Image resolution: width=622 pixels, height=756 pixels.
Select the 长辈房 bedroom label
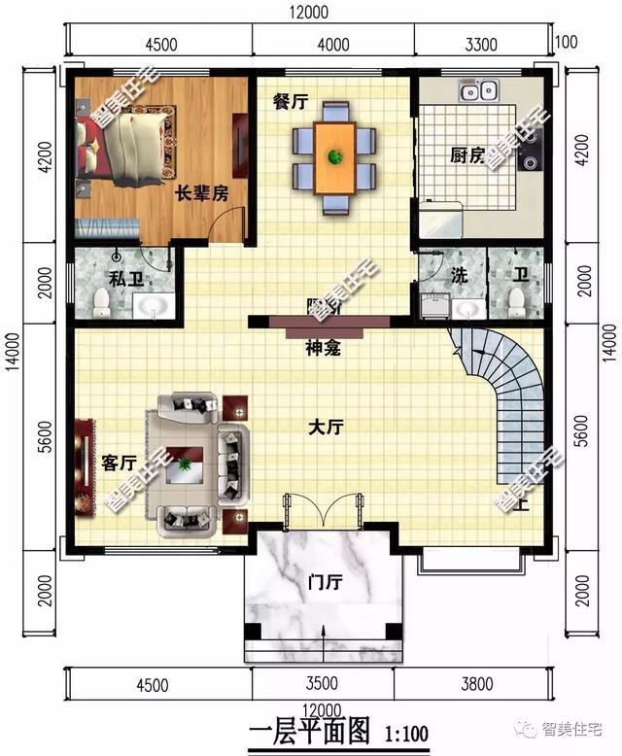201,193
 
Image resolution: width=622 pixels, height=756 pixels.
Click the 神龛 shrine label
322,349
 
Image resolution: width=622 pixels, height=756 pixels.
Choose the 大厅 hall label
326,427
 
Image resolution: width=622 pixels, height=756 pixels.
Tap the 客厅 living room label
117,463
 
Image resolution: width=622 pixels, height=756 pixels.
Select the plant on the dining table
334,155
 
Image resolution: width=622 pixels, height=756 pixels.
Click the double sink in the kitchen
478,92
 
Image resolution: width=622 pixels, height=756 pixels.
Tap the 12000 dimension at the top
308,12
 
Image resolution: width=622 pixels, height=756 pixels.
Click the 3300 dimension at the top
480,44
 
